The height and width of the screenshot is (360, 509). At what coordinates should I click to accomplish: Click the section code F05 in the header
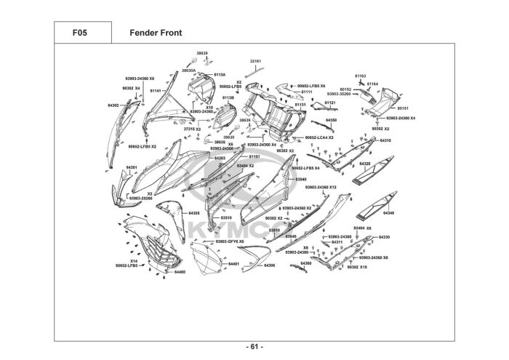click(x=82, y=33)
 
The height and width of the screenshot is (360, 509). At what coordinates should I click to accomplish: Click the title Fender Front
click(x=155, y=33)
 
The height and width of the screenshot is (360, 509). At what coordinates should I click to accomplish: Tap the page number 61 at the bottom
click(x=254, y=346)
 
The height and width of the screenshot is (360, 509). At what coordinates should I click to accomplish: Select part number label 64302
click(x=113, y=105)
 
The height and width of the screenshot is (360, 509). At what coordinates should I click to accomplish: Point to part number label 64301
click(x=132, y=167)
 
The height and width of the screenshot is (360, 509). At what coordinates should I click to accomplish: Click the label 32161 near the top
click(x=255, y=61)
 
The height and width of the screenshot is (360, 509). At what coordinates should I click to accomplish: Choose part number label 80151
click(x=404, y=108)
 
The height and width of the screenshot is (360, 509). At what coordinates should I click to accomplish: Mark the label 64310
click(x=385, y=140)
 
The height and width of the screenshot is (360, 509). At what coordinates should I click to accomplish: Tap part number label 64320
click(x=385, y=164)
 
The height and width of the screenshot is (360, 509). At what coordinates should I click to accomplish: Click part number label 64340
click(x=388, y=213)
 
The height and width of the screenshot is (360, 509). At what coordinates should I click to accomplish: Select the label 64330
click(x=384, y=237)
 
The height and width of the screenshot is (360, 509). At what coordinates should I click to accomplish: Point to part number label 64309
click(x=269, y=265)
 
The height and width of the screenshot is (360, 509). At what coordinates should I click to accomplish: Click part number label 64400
click(x=180, y=272)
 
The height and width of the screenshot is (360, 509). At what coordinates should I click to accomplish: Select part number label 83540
click(x=301, y=179)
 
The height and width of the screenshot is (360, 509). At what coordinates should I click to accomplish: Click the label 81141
click(x=155, y=91)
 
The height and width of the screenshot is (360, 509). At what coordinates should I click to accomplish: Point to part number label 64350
click(x=332, y=119)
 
